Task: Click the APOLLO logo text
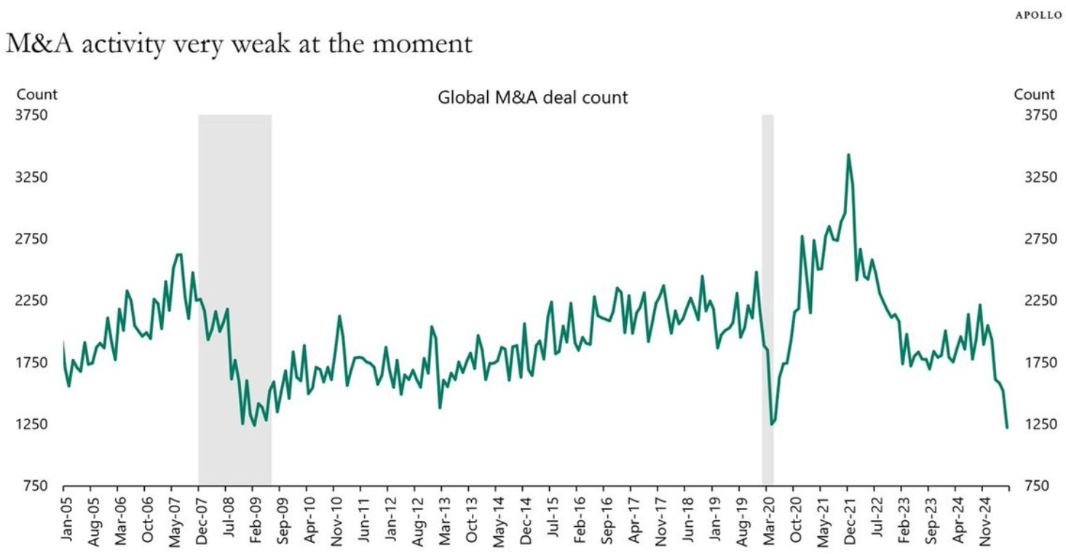[x=1038, y=15]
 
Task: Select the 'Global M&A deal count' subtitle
[x=532, y=97]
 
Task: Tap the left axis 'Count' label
[x=36, y=94]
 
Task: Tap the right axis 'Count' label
[x=1034, y=94]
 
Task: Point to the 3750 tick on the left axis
[x=32, y=115]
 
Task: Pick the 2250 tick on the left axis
[x=32, y=300]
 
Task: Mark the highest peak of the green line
[x=848, y=154]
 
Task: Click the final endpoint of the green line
[x=1007, y=427]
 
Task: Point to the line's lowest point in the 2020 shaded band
[x=771, y=424]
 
